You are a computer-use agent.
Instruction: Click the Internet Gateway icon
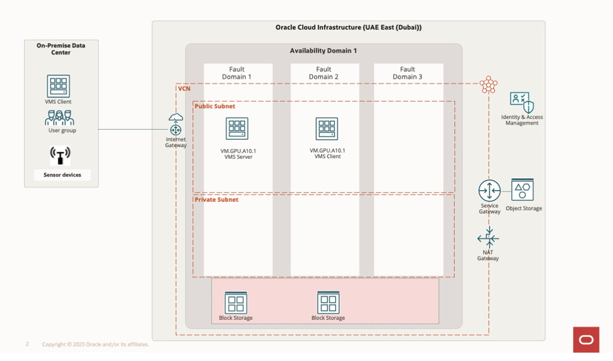point(176,124)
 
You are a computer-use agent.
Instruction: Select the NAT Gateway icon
point(488,239)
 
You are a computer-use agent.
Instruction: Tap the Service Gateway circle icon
point(489,191)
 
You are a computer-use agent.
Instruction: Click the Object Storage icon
point(522,191)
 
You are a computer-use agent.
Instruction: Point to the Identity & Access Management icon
point(522,102)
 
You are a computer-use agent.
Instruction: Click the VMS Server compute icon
point(237,129)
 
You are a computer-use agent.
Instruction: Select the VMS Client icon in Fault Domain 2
point(327,129)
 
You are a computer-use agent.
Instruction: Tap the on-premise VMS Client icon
point(58,86)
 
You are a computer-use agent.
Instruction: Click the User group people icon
point(59,118)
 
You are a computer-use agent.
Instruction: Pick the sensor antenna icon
point(60,155)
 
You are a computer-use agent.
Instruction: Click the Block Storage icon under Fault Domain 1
point(236,302)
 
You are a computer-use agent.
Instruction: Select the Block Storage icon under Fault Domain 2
point(328,302)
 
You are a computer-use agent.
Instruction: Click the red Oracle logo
point(586,339)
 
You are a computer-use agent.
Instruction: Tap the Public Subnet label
point(215,106)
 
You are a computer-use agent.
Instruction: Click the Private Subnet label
point(217,199)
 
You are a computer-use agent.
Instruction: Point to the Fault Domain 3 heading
point(408,73)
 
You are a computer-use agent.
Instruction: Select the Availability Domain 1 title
point(323,51)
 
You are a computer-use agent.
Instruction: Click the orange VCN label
point(184,89)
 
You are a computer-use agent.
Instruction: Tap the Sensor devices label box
point(62,175)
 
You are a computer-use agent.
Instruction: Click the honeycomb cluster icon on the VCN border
point(488,85)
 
